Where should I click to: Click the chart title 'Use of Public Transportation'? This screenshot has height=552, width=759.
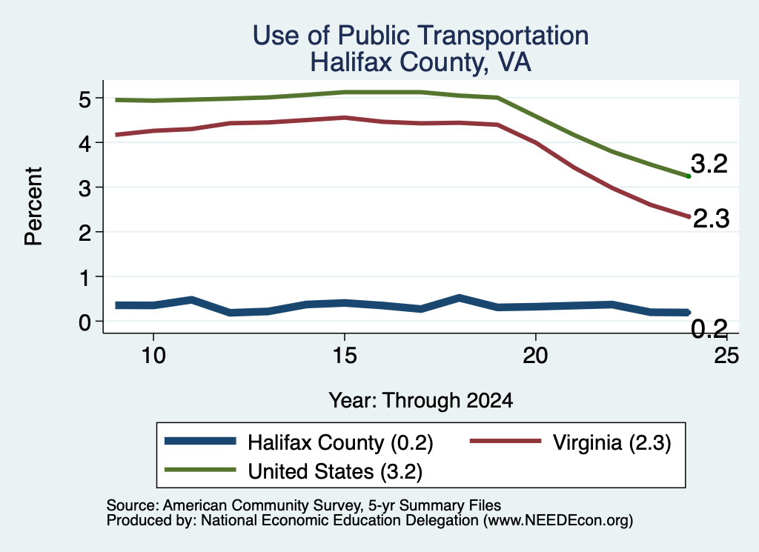click(x=421, y=36)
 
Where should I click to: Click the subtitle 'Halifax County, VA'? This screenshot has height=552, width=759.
click(x=421, y=62)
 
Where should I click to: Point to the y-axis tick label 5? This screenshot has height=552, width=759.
click(x=84, y=99)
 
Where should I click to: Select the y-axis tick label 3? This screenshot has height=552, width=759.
click(x=84, y=188)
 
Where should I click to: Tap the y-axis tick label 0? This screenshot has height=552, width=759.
click(x=84, y=322)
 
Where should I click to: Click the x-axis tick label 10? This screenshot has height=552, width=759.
click(x=153, y=356)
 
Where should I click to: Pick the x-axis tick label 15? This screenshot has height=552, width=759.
click(x=345, y=356)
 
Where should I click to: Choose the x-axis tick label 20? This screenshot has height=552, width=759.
click(x=535, y=356)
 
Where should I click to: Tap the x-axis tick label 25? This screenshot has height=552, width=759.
click(x=726, y=356)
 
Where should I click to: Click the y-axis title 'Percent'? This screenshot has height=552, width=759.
click(x=34, y=207)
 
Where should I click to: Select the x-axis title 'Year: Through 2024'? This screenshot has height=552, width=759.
click(x=421, y=401)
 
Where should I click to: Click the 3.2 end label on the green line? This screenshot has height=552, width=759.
click(x=709, y=164)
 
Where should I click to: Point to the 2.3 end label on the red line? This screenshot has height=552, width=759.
click(x=711, y=219)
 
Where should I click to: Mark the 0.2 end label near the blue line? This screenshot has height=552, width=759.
click(x=709, y=329)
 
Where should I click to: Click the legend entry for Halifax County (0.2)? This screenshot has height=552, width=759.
click(x=299, y=442)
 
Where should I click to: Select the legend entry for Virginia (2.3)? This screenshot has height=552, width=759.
click(x=570, y=442)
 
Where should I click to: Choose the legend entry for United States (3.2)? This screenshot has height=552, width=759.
click(x=294, y=471)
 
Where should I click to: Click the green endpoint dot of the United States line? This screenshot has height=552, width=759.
click(x=689, y=176)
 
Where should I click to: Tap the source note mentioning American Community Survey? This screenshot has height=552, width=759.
click(x=304, y=505)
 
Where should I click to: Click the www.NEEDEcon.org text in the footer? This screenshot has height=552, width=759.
click(x=558, y=521)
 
